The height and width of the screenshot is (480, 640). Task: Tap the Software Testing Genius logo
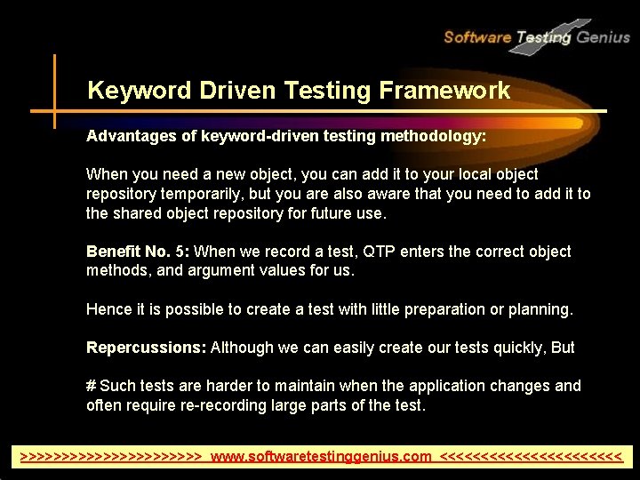coord(536,36)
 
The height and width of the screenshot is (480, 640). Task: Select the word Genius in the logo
coord(603,37)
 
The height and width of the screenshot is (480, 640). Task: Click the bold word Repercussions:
coord(146,348)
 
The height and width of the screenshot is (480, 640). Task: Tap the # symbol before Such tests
coord(91,386)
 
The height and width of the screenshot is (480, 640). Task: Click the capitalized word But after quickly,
coord(563,348)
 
